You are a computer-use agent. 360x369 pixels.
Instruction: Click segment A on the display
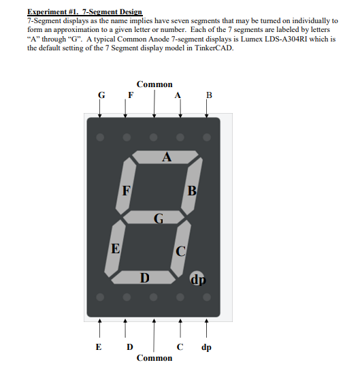167,157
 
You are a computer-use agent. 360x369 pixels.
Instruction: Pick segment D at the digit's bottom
145,277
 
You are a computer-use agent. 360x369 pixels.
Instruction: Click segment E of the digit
116,249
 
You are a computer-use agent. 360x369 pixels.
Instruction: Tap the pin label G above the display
101,95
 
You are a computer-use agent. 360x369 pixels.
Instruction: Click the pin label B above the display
209,95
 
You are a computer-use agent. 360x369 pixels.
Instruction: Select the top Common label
154,84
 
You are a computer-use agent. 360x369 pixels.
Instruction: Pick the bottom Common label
154,357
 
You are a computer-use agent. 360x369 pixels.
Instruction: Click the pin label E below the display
100,347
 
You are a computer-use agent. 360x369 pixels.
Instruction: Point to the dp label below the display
206,347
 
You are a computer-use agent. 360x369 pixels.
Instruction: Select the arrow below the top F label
125,109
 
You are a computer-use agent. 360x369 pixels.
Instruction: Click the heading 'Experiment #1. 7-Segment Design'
85,12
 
